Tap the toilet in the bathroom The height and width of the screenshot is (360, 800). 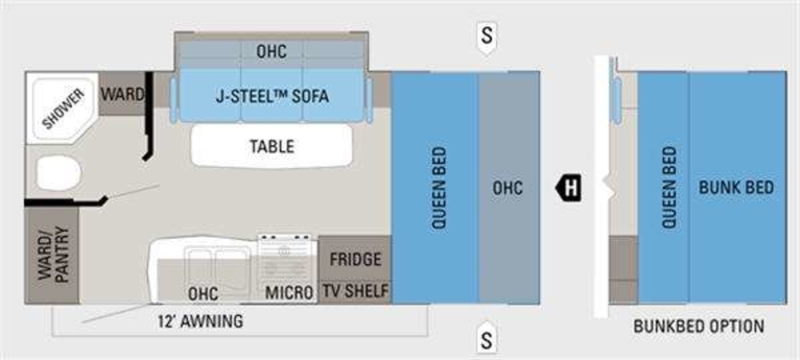pos(58,174)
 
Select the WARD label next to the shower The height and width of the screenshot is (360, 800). pos(122,95)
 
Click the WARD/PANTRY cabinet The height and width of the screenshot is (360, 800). pos(52,256)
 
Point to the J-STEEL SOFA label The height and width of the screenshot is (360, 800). pos(272,96)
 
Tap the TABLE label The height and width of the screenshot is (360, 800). pos(271,146)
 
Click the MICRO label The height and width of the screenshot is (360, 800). pos(289,293)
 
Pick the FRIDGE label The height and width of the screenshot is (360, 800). pos(355,259)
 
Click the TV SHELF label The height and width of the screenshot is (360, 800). pos(355,291)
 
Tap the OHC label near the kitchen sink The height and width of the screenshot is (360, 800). pos(203,293)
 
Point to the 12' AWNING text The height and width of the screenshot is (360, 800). pos(199,321)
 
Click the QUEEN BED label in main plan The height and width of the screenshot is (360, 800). pos(438,189)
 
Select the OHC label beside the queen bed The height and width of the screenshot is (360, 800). pos(507,187)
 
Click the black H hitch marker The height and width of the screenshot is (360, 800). pos(570,187)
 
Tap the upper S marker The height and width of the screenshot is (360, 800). pos(487,35)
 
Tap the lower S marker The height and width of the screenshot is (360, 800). pos(487,340)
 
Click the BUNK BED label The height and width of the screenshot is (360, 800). pos(736,187)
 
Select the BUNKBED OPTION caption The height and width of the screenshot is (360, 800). pos(698,327)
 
